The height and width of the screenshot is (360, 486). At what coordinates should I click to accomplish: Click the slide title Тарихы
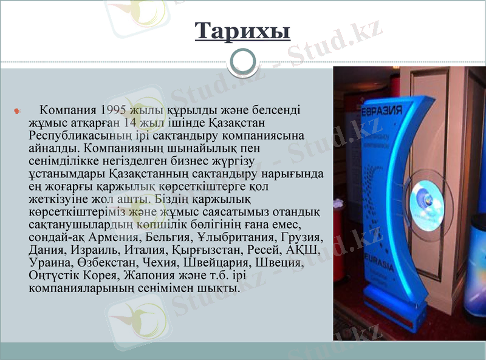click(242, 30)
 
